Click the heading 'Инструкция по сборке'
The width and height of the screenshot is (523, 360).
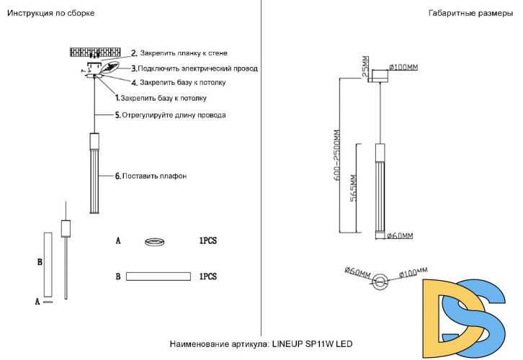click(51, 14)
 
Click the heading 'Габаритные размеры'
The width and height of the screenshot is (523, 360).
click(470, 14)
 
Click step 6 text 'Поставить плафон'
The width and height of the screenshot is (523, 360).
click(154, 176)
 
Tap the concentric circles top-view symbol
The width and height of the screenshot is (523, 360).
click(381, 280)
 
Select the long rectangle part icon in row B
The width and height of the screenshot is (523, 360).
click(158, 276)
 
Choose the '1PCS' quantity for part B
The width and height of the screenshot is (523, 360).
click(207, 276)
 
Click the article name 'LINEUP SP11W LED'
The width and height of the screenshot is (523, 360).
click(312, 345)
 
